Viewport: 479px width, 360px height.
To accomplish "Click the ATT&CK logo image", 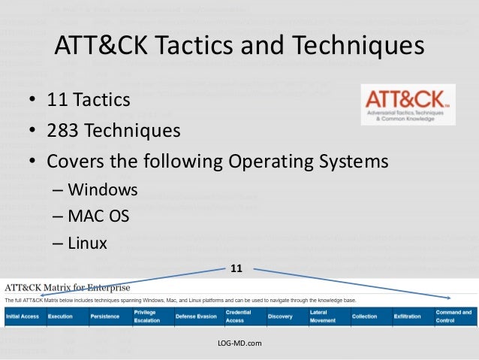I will [408, 104].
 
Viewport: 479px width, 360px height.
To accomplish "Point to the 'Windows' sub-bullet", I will [102, 189].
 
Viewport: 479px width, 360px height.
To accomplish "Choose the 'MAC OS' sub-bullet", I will [98, 216].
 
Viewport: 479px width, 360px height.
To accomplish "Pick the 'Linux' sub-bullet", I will [87, 243].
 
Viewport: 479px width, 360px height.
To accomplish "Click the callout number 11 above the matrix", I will [236, 268].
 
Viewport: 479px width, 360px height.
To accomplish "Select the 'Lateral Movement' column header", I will [324, 316].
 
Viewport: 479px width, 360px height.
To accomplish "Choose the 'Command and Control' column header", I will [453, 316].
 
